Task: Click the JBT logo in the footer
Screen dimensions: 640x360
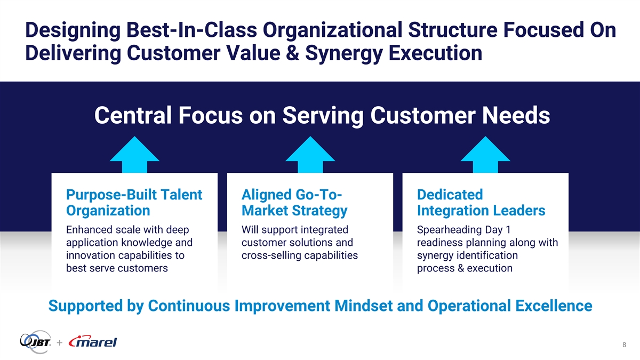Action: pos(36,342)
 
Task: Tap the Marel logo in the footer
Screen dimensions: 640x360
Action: pos(93,341)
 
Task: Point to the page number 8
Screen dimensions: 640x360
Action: pos(625,345)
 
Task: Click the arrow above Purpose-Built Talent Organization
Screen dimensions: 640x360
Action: pos(134,155)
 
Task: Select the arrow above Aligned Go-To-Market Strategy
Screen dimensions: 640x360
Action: pos(310,155)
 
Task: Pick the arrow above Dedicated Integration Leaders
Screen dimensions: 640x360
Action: pos(485,155)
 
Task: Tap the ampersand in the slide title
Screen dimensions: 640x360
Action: pos(293,53)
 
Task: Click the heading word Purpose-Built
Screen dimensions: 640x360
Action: pos(111,195)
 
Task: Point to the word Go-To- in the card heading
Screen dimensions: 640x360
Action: pos(318,195)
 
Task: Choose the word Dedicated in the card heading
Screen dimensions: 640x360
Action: pos(450,195)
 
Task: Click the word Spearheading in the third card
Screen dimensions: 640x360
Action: pos(447,230)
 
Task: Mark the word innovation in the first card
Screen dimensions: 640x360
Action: pos(90,255)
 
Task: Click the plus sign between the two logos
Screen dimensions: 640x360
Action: pos(59,342)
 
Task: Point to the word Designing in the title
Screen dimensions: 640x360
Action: pos(73,31)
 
